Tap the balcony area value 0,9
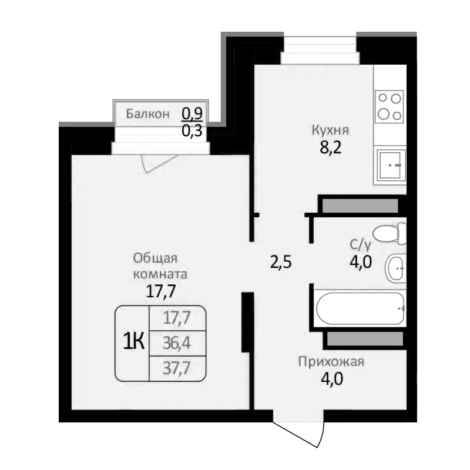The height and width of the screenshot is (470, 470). [192, 112]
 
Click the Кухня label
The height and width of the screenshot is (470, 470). [331, 130]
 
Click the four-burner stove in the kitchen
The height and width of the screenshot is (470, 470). [390, 106]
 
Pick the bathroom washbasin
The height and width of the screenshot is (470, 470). [395, 269]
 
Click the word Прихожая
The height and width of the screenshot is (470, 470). [331, 361]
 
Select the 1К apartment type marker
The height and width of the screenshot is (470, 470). [133, 341]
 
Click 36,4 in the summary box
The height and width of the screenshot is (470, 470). [177, 341]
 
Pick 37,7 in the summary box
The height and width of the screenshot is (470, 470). [177, 368]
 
